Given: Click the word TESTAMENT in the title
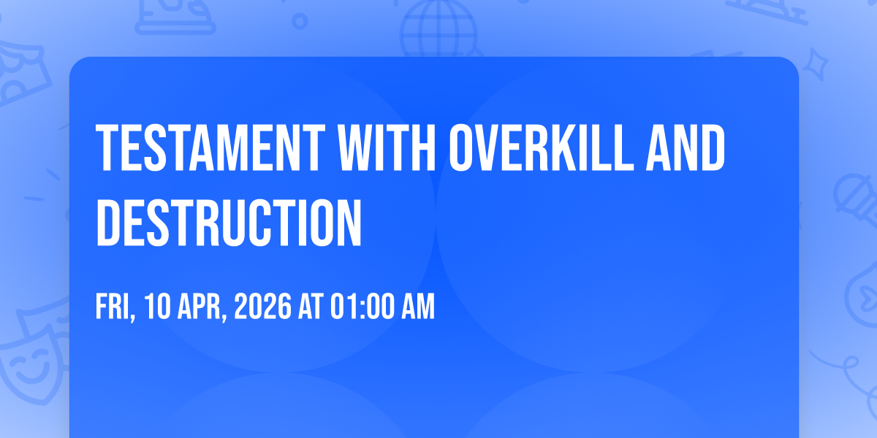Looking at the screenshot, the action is click(x=210, y=147).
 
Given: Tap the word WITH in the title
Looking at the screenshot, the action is click(x=387, y=147).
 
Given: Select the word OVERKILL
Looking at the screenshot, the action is click(x=541, y=147).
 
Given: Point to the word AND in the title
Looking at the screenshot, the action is click(x=686, y=147).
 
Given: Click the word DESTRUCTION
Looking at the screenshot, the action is click(x=229, y=223).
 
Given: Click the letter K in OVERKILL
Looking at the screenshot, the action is click(x=564, y=147).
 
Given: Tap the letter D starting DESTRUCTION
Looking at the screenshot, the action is click(x=108, y=223).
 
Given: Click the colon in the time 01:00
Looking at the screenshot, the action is click(x=360, y=309).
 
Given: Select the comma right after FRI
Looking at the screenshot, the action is click(x=132, y=318).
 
